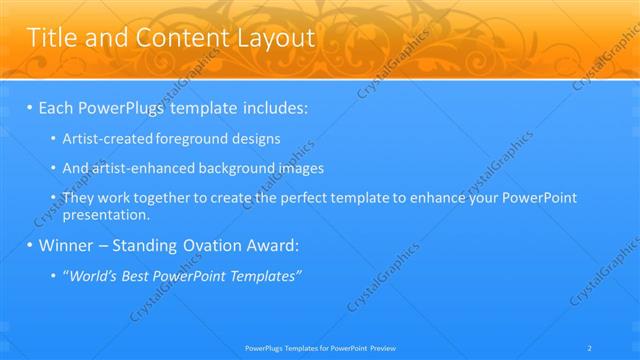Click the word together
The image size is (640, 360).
[169, 198]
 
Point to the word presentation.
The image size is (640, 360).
[105, 214]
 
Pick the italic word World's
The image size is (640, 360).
[92, 275]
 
